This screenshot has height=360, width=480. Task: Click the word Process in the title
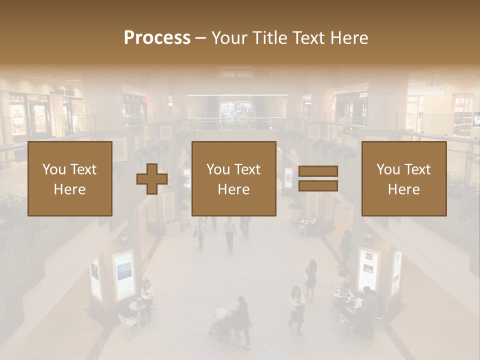157,38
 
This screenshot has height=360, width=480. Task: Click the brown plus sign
152,179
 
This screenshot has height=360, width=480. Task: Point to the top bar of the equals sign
318,171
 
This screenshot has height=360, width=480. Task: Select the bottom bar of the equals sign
318,186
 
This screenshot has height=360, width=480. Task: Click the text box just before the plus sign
70,179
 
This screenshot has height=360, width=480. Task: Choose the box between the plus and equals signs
234,179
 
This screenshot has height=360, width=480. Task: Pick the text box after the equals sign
404,179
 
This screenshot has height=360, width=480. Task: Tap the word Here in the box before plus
69,189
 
